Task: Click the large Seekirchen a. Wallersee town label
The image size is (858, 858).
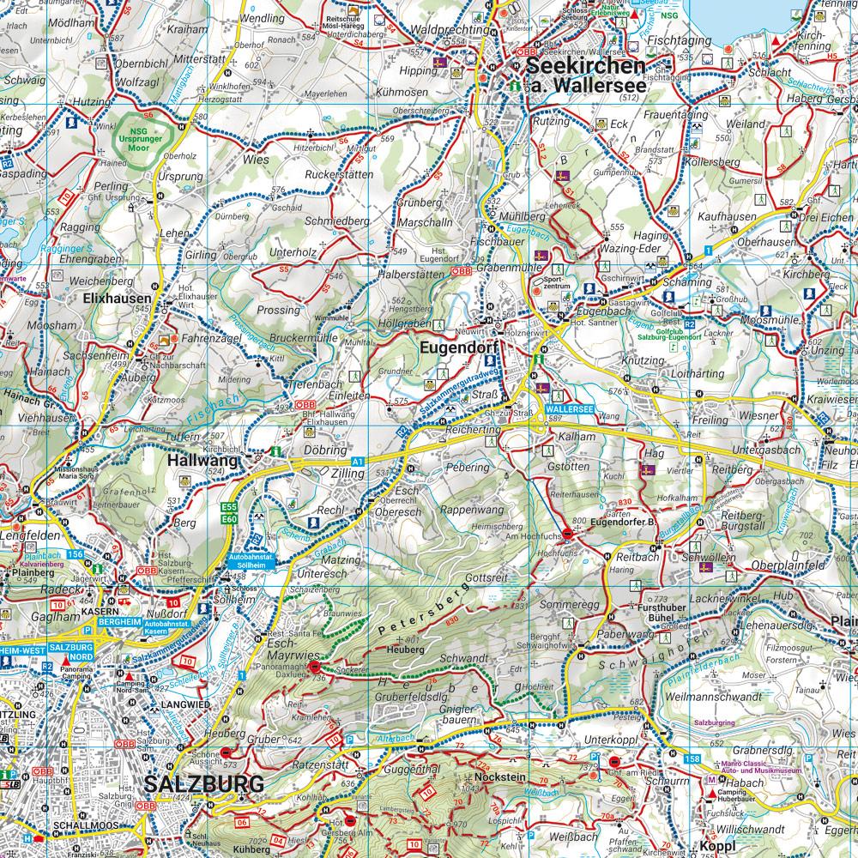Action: pos(585,76)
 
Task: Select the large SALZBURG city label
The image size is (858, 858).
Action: pos(203,783)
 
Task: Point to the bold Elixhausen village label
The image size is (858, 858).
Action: pos(112,299)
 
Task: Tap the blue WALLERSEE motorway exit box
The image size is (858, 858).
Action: pos(569,411)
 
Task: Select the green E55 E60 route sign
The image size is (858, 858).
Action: pos(228,513)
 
